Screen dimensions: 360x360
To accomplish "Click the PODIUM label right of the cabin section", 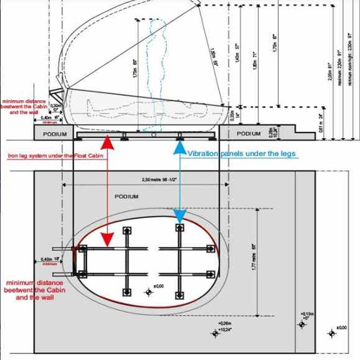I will pos(249,133).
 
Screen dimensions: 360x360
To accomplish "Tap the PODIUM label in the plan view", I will pos(126,196).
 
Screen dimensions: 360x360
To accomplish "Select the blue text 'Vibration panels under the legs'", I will pos(242,154).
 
